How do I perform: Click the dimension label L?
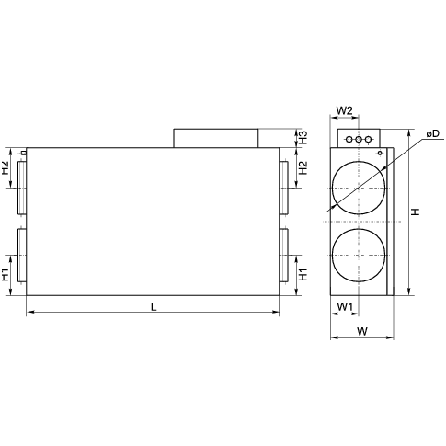pyautogui.click(x=154, y=306)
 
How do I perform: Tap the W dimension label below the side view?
pyautogui.click(x=362, y=331)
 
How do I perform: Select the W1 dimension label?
pyautogui.click(x=345, y=306)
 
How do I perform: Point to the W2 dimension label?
pyautogui.click(x=345, y=110)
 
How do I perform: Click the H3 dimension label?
pyautogui.click(x=303, y=138)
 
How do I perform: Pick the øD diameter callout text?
pyautogui.click(x=432, y=133)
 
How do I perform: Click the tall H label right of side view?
pyautogui.click(x=416, y=212)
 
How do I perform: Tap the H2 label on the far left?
pyautogui.click(x=6, y=167)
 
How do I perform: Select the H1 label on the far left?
pyautogui.click(x=6, y=274)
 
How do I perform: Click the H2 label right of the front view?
pyautogui.click(x=303, y=167)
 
